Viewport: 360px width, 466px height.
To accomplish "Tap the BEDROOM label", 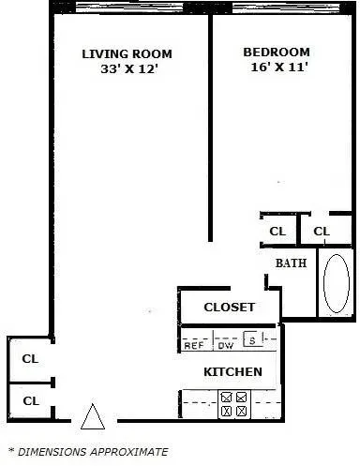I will (276, 53).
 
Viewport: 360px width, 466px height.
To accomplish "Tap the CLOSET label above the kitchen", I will (229, 308).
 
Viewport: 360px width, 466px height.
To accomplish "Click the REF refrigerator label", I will (194, 345).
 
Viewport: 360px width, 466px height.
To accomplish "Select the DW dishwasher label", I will (225, 345).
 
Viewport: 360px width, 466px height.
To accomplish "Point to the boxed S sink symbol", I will (250, 340).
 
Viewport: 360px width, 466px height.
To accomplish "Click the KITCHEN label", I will (232, 372).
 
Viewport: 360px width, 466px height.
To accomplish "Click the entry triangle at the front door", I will (92, 415).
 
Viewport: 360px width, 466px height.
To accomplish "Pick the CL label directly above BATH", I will (277, 231).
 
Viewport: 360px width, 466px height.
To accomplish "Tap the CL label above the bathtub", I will (322, 231).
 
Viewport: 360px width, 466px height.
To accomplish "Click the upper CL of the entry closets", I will (31, 357).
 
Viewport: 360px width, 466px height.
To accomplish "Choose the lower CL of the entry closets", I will (31, 401).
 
